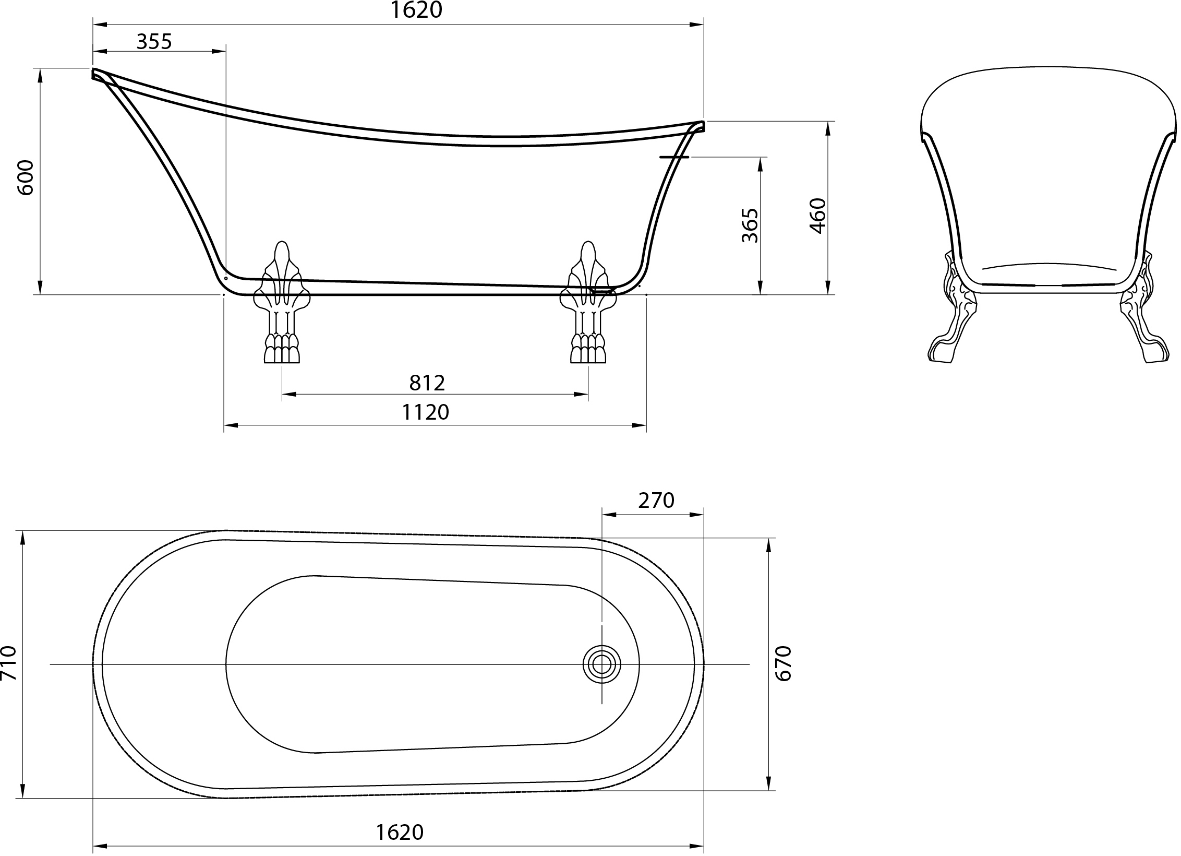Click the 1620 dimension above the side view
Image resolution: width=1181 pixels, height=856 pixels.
coord(416,10)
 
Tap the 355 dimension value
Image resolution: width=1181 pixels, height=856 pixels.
coord(154,41)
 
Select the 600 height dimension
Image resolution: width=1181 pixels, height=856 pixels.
coord(26,177)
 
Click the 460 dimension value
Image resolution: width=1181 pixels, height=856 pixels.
coord(817,216)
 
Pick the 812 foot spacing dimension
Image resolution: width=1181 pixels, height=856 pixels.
coord(427,383)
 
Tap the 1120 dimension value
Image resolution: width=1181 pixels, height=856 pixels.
coord(425,412)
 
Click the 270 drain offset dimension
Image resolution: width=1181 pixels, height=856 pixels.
coord(656,501)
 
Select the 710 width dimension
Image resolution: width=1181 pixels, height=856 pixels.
coord(9,663)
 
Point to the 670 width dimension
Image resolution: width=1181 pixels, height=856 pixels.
coord(784,663)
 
